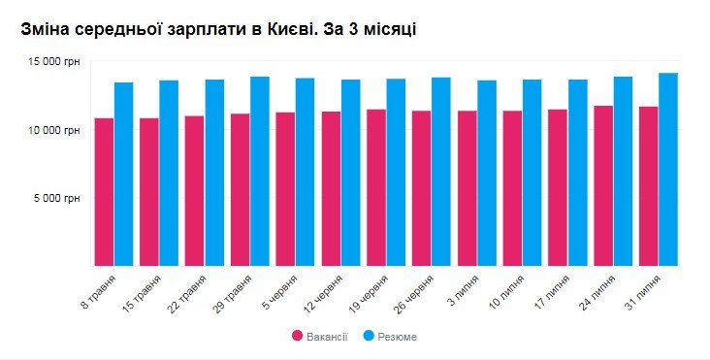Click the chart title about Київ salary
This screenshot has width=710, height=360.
(x=218, y=29)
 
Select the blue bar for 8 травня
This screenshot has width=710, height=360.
(x=124, y=175)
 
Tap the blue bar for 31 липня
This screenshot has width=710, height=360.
(x=668, y=170)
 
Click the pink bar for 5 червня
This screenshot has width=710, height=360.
(x=285, y=189)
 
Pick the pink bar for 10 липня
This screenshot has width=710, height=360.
(x=512, y=188)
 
